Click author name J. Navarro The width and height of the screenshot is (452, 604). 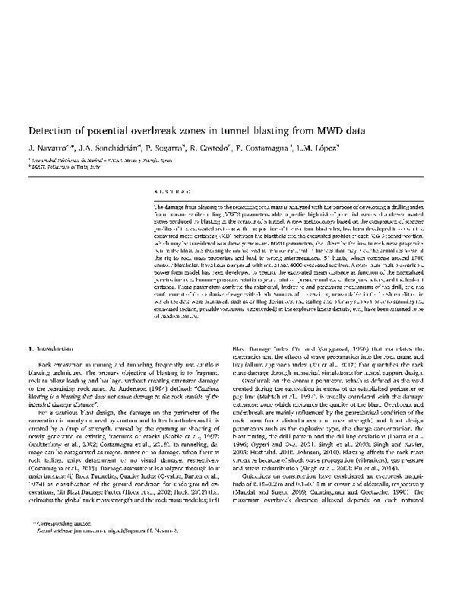coord(44,147)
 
